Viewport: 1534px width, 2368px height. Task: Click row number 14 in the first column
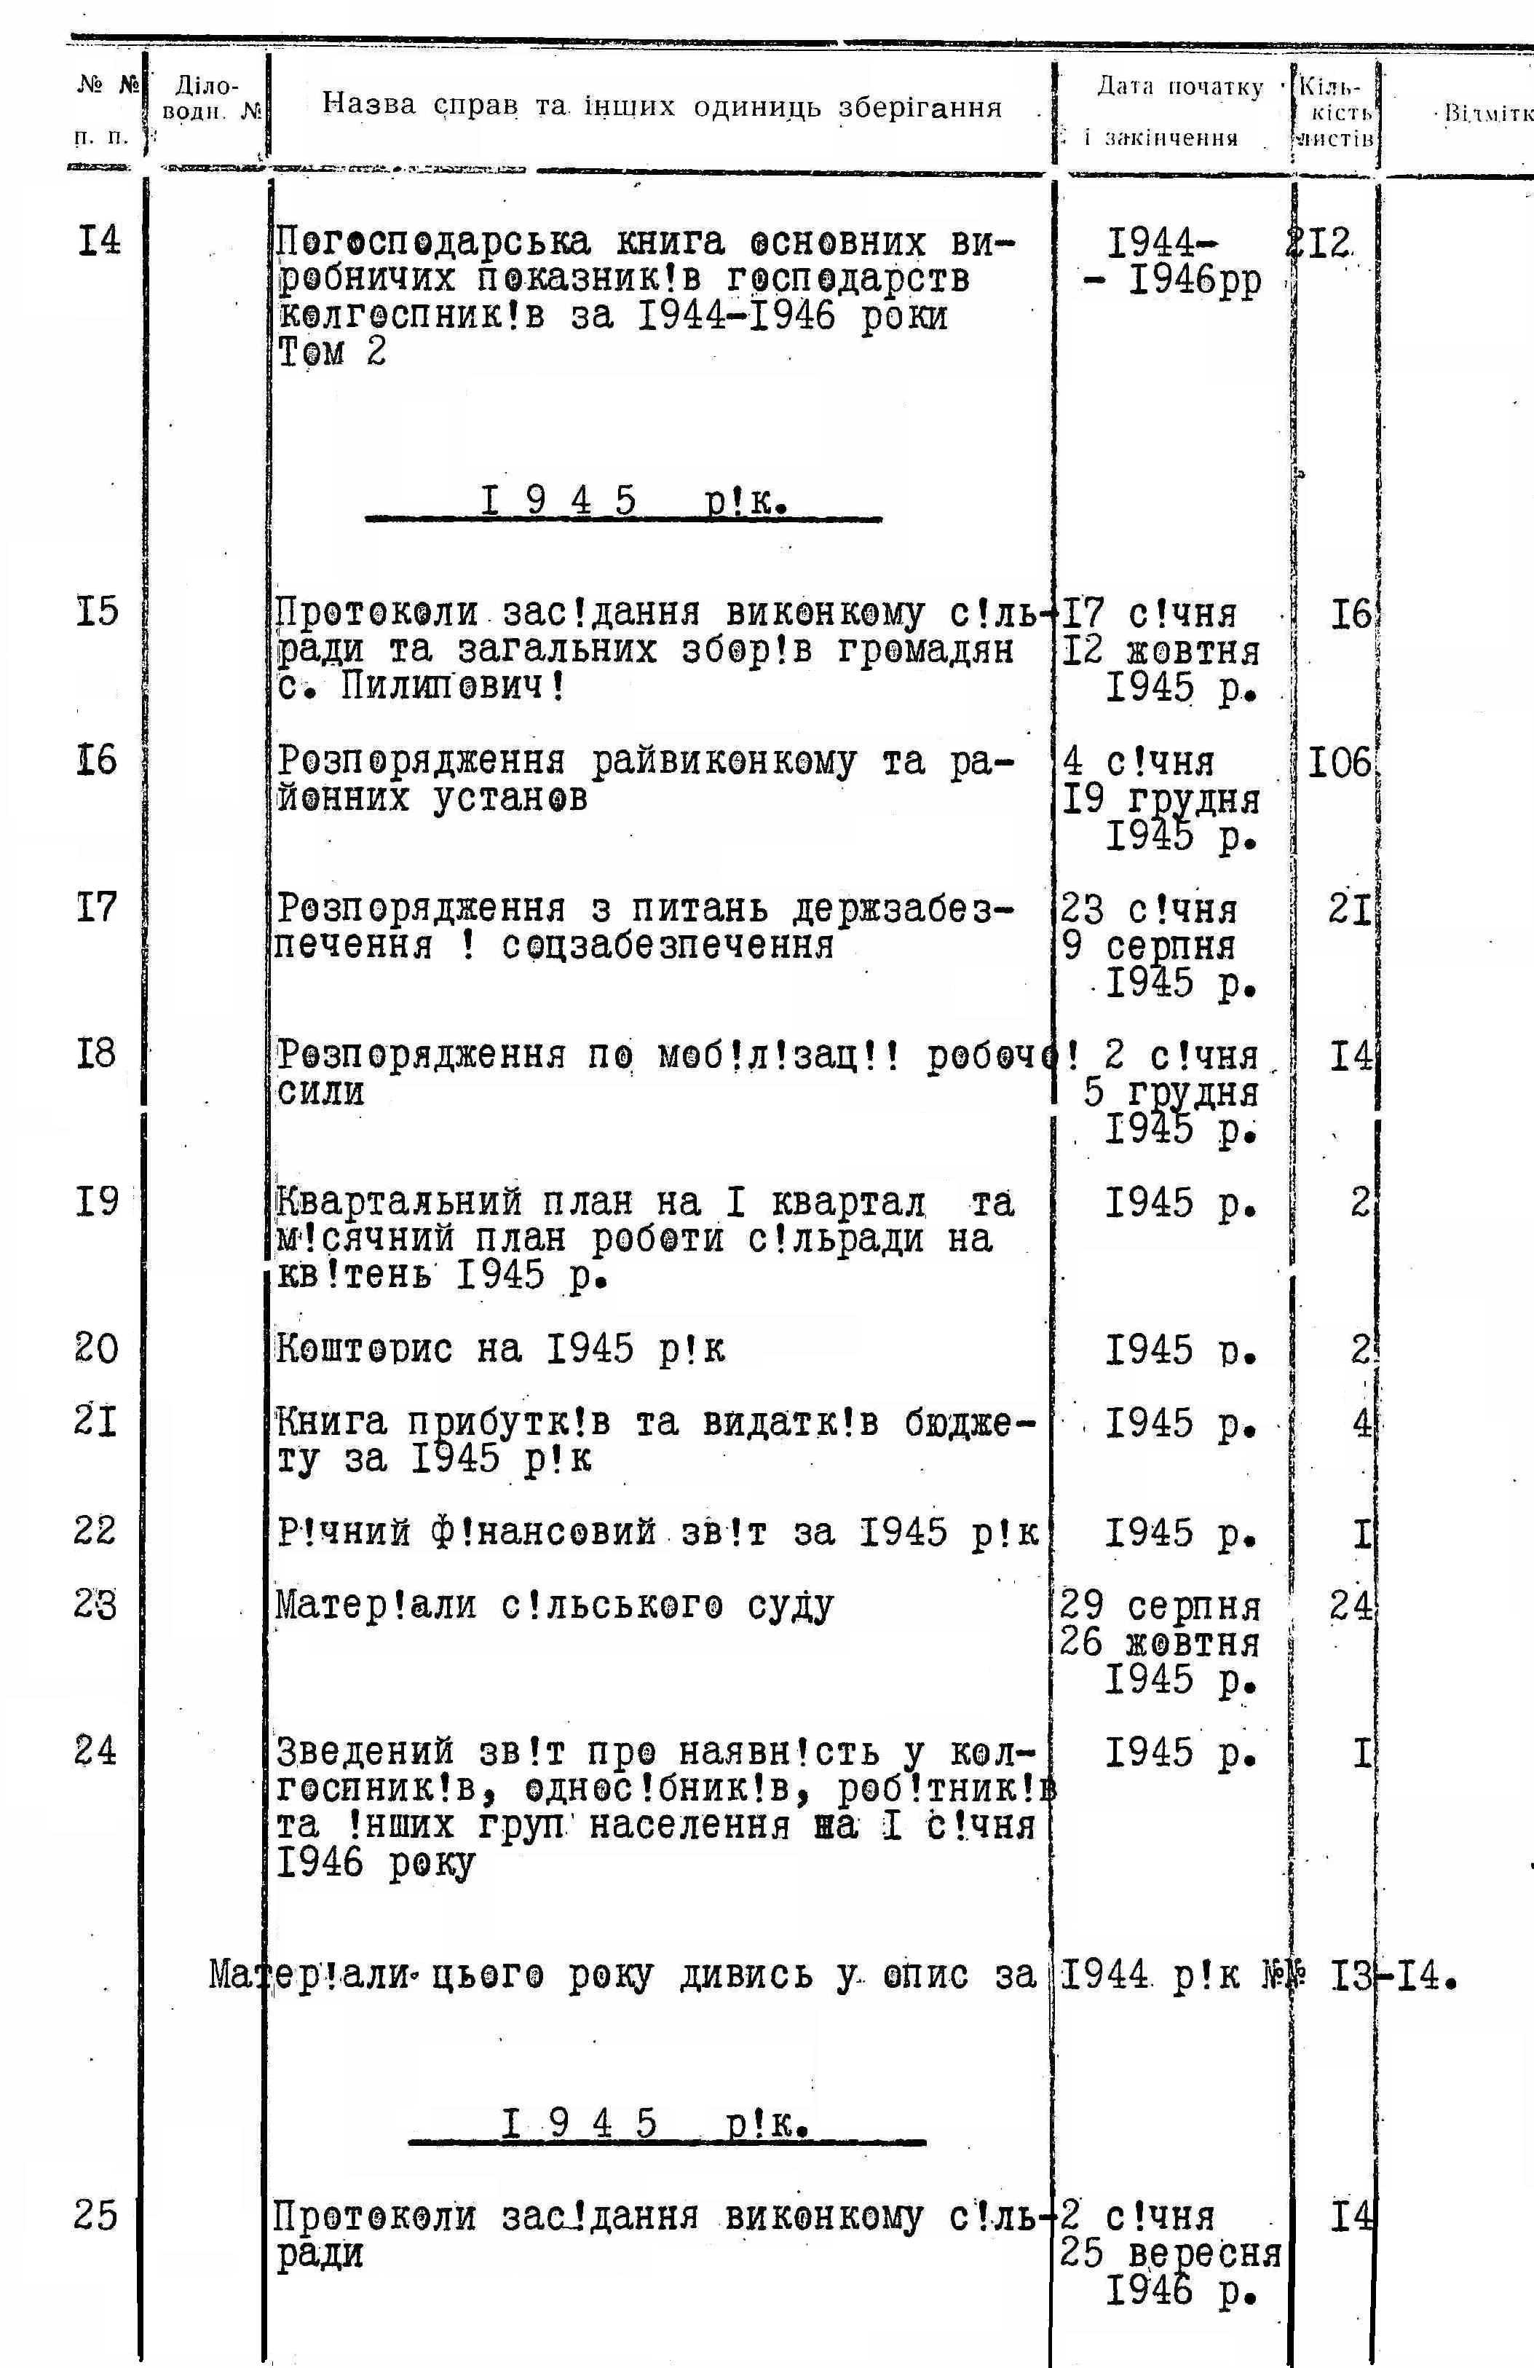pos(98,241)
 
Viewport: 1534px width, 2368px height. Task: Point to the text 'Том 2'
pos(331,353)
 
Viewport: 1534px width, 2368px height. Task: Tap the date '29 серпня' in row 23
pos(1160,1606)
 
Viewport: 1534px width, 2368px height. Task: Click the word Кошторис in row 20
pos(364,1349)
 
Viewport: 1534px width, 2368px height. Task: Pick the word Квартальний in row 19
pos(398,1203)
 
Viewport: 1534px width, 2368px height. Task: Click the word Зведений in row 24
pos(365,1751)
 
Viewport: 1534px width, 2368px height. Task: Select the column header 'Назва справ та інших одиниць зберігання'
pos(662,106)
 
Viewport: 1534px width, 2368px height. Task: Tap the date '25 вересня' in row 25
pos(1170,2253)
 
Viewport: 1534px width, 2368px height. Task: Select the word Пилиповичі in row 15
pos(453,687)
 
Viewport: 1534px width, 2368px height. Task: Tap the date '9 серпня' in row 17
pos(1149,946)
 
